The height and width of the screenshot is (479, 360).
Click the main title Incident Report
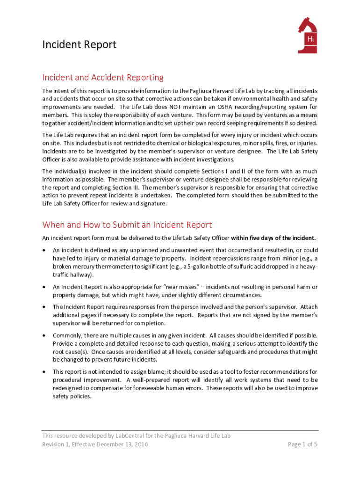79,45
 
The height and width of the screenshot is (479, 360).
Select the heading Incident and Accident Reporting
103,77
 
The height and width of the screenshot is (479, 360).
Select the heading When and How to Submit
127,225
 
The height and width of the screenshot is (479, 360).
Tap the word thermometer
107,267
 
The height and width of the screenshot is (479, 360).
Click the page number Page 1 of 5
302,444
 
